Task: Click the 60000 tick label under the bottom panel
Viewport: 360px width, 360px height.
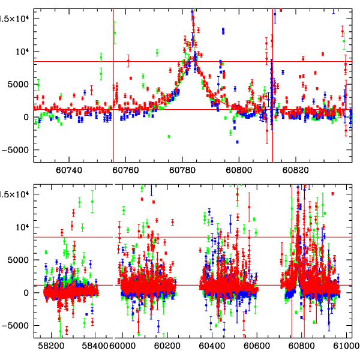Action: coord(125,346)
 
